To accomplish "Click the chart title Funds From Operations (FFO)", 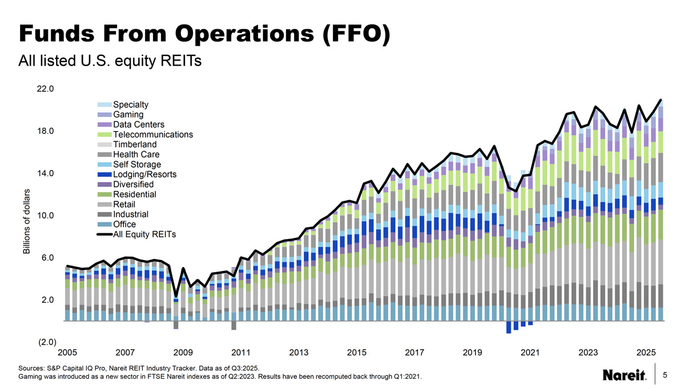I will (204, 34).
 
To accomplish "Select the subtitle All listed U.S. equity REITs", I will (110, 60).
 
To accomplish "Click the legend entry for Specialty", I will (131, 105).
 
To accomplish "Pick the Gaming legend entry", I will (128, 115).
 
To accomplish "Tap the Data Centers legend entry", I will (139, 125).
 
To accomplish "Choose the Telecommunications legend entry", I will (152, 135).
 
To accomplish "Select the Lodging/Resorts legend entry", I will (144, 175).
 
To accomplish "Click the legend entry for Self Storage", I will (137, 165).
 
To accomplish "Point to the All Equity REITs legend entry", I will (144, 234).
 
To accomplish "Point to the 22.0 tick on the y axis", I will (46, 89).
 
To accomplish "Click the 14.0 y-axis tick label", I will (46, 173).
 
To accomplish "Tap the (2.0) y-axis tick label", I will (46, 342).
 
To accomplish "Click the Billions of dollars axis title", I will (25, 222).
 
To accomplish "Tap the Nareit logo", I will (624, 375).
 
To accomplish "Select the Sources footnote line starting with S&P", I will (141, 368).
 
